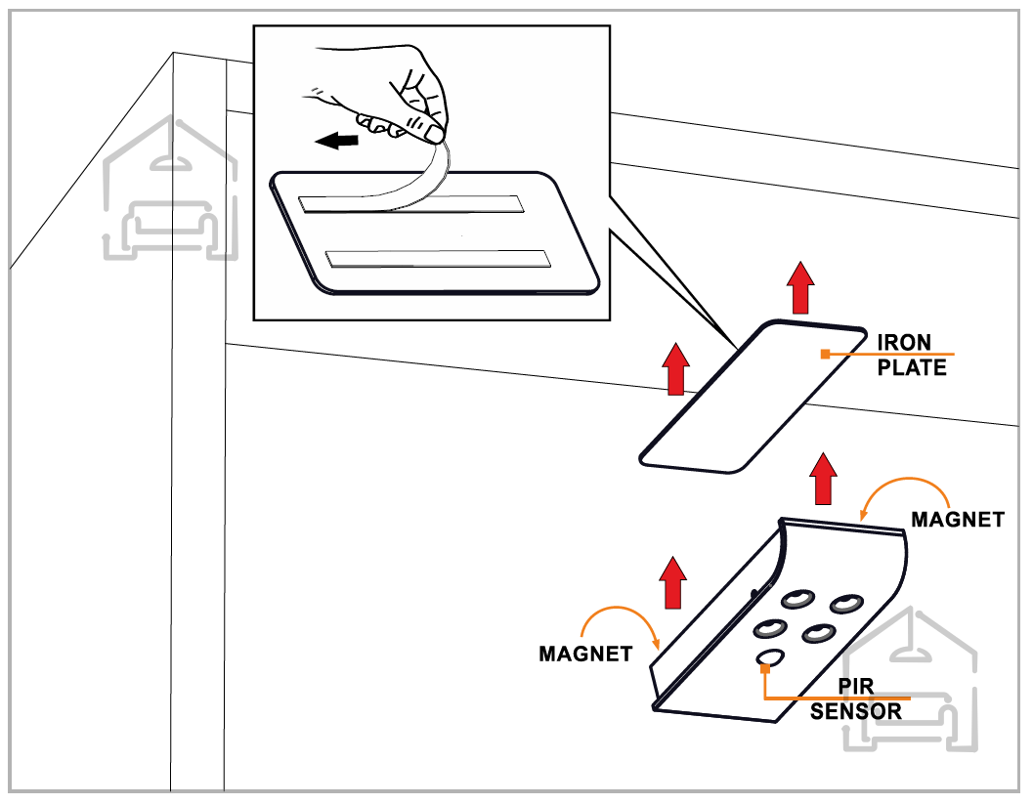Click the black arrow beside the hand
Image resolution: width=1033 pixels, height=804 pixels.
point(337,142)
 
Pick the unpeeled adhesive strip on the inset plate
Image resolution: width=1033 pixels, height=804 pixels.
point(439,259)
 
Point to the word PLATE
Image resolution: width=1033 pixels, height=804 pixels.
point(912,368)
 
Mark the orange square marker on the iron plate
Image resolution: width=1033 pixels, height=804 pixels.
point(826,355)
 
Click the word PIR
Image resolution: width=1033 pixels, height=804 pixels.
point(856,688)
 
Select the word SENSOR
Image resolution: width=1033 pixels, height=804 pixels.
point(856,711)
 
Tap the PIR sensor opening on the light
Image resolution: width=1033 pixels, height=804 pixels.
point(771,657)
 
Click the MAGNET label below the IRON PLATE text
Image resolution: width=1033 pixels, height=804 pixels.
point(957,520)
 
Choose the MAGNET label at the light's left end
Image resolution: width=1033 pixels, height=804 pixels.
point(585,654)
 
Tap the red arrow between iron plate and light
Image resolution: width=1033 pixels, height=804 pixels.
point(825,478)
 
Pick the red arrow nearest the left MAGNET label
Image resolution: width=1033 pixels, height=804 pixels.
point(672,582)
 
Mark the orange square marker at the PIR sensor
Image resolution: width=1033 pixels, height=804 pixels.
point(766,668)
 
